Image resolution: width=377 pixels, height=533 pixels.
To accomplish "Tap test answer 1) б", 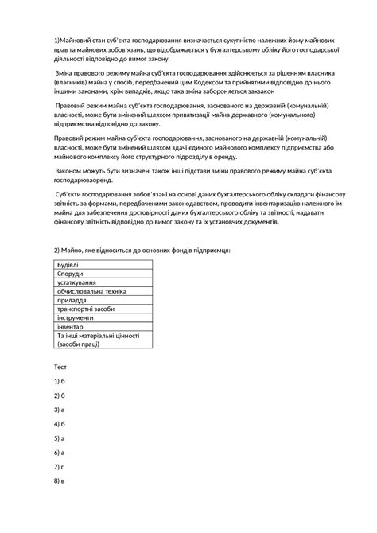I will pos(59,381).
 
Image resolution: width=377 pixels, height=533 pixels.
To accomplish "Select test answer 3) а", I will pos(59,410).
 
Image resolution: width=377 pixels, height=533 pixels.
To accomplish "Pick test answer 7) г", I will pos(59,467).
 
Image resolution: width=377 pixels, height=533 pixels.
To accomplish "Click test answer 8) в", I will pos(59,481).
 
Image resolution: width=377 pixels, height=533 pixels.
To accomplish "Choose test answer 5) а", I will pos(59,438).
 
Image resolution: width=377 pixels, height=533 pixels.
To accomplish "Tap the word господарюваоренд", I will pos(90,181).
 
